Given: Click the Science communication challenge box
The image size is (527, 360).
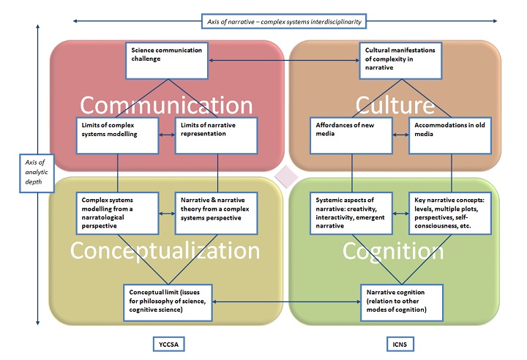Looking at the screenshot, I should [168, 61].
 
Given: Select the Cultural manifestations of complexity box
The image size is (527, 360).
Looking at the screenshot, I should [402, 61].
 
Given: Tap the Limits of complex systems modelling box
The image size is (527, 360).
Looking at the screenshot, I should [117, 135].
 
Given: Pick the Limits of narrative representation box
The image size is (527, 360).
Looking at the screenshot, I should [216, 135].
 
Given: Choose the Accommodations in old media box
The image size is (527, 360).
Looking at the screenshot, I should [450, 135].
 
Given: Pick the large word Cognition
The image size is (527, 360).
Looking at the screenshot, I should [393, 250].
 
